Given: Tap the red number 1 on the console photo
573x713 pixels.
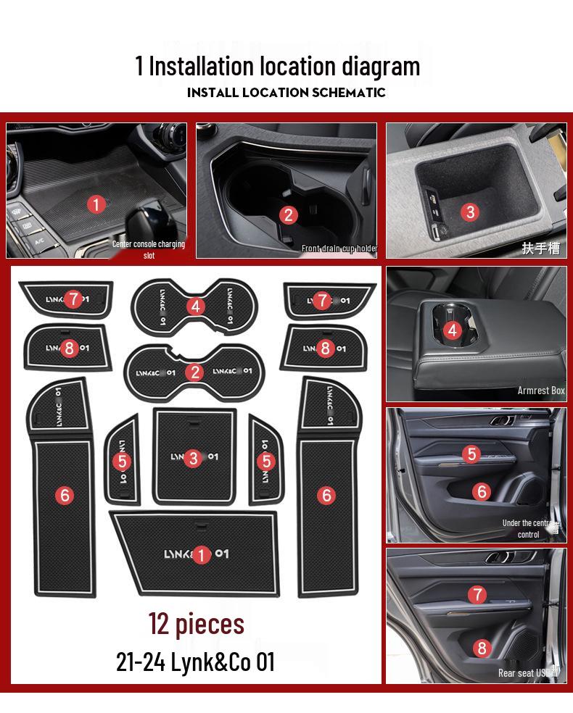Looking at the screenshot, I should [96, 204].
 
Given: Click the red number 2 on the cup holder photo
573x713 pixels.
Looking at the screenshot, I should [289, 214].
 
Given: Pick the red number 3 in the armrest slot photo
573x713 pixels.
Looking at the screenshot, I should [470, 212].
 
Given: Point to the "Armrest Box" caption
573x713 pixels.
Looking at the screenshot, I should [540, 391].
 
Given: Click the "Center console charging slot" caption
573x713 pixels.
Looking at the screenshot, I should [149, 249].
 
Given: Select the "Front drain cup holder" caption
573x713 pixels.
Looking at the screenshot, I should [339, 249].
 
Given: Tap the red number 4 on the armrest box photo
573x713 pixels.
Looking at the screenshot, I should [453, 330].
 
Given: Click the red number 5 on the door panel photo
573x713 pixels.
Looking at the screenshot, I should [472, 454].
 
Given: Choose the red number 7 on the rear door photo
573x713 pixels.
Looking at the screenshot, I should [477, 595].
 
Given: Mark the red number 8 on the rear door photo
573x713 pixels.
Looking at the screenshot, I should [482, 648].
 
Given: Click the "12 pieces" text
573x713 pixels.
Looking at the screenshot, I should [197, 624].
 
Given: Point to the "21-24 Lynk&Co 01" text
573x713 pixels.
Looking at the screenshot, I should [195, 662].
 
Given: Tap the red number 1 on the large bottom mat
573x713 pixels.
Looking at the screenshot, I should [201, 555].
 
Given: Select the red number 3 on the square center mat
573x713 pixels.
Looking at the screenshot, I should [192, 458].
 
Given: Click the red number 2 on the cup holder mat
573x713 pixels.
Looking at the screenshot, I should [194, 372].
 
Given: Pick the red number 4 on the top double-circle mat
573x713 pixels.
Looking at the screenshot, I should [194, 306].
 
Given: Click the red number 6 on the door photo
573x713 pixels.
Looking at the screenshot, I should [482, 491].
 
